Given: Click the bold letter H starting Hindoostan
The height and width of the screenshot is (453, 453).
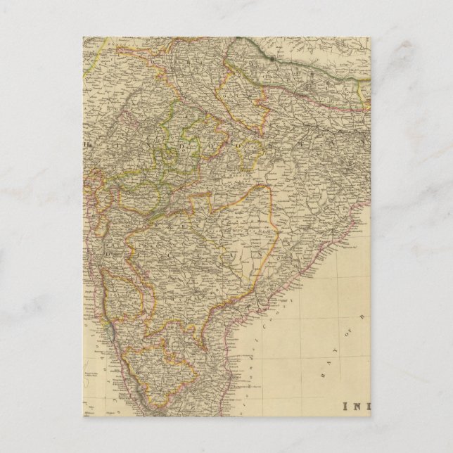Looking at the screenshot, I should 89,146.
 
